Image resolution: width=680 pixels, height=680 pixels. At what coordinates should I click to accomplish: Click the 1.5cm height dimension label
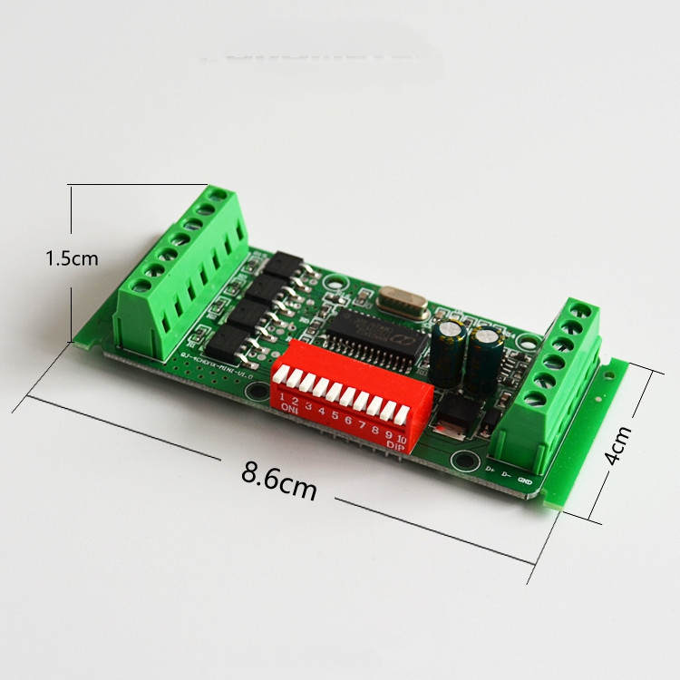(72, 258)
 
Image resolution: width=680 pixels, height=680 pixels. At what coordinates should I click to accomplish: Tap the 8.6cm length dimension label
(279, 479)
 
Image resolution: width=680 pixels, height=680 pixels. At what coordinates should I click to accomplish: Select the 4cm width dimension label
(618, 444)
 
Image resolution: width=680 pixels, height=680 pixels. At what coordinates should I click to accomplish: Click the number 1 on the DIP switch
(282, 396)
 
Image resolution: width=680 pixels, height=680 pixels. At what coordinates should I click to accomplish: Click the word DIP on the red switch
(394, 447)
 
